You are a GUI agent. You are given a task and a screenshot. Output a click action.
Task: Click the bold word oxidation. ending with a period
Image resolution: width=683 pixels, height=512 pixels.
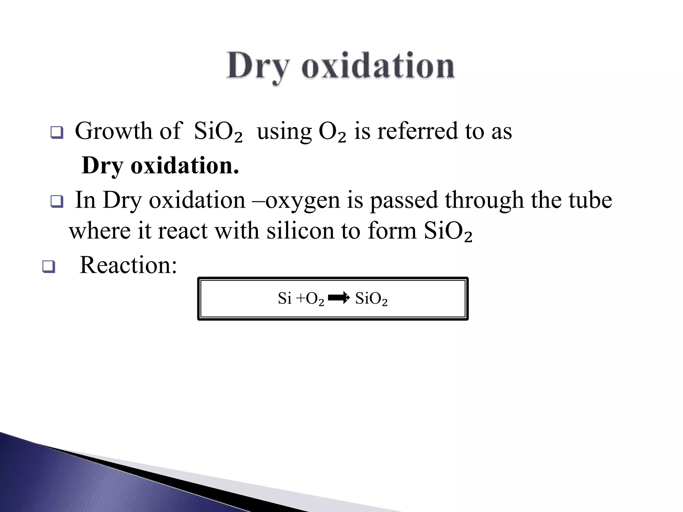(x=185, y=165)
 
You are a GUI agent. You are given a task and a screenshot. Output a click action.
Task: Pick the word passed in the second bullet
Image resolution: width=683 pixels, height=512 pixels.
(x=404, y=201)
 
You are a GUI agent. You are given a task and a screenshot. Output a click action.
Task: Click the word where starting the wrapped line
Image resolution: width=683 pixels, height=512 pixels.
(x=100, y=231)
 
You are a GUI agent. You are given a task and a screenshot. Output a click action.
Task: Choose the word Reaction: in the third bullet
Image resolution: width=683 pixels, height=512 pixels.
(x=128, y=265)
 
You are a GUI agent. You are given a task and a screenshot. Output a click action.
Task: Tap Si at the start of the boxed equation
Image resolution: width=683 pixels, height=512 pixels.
(x=284, y=298)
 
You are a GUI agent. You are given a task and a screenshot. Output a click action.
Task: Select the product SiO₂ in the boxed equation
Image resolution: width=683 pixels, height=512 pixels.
(x=371, y=298)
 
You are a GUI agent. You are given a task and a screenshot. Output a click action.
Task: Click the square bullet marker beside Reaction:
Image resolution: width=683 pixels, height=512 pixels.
(x=49, y=267)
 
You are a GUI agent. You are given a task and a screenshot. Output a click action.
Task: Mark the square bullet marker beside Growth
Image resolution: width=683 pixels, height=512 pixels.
(x=57, y=132)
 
